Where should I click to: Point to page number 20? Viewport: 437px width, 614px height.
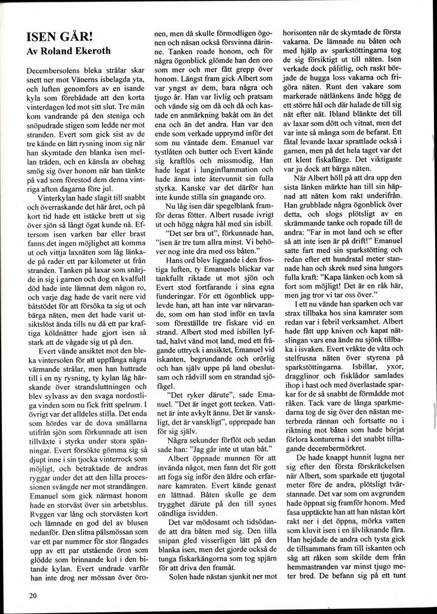[32, 595]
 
